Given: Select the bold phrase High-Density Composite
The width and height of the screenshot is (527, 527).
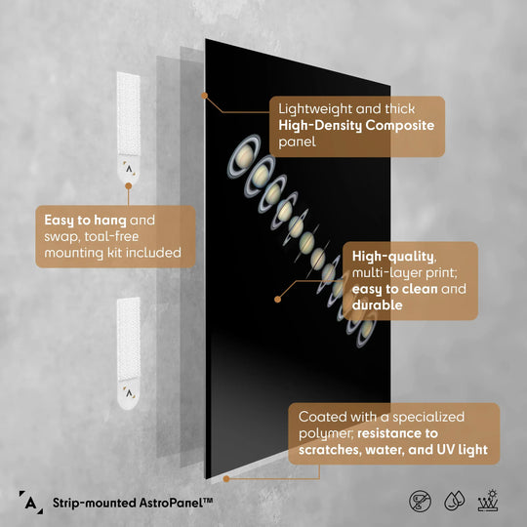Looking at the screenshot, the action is (356, 125).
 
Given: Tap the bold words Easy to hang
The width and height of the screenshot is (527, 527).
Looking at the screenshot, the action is (85, 221).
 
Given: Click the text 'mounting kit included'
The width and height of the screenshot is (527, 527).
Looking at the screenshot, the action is (113, 253).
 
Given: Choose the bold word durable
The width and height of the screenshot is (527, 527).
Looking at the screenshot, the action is (377, 305).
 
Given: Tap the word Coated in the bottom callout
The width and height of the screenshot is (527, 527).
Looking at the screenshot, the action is (323, 417).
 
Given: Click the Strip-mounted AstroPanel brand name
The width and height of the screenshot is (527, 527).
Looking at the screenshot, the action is (133, 503).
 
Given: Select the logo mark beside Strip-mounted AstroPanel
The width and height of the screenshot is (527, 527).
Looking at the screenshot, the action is (31, 503).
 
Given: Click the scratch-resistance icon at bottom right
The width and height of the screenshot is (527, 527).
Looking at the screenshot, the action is (420, 501).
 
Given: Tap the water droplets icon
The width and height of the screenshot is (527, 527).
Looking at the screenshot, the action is (455, 501).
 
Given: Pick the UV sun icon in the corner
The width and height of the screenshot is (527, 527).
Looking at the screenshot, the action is (488, 501).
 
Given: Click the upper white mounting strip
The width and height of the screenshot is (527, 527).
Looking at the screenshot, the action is (129, 127).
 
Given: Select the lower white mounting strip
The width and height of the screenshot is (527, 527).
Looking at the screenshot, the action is (129, 353).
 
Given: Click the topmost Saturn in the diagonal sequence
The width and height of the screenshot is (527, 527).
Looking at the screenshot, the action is (244, 156).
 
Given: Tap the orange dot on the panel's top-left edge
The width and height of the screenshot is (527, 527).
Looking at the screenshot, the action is (204, 96).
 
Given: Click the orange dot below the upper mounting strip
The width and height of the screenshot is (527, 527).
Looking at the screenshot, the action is (129, 185).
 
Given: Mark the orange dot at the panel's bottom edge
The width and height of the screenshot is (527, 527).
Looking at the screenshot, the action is (226, 478).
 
